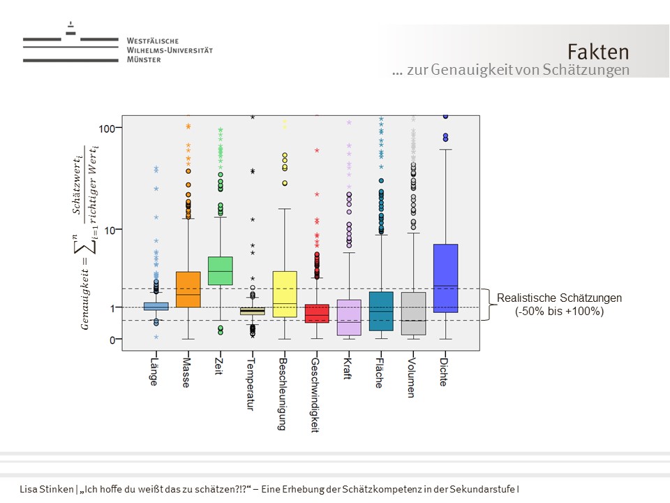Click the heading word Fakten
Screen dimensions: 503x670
pyautogui.click(x=597, y=52)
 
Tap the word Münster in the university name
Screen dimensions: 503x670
pyautogui.click(x=144, y=60)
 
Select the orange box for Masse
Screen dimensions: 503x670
pyautogui.click(x=188, y=289)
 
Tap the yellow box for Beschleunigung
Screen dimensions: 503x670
pyautogui.click(x=285, y=294)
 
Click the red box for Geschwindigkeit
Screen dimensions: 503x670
pyautogui.click(x=318, y=313)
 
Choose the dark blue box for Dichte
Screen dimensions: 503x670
pyautogui.click(x=445, y=278)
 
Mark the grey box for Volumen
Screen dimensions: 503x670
pyautogui.click(x=413, y=314)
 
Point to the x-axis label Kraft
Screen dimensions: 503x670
pyautogui.click(x=348, y=369)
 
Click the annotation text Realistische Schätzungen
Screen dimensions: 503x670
pyautogui.click(x=559, y=298)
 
